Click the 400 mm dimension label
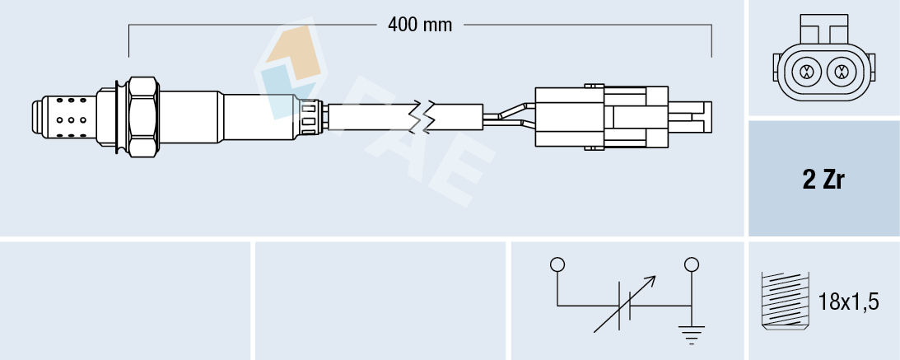[420, 25]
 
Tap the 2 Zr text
[823, 180]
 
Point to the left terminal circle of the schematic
[557, 264]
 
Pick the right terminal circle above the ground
[692, 264]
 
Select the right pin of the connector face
[841, 72]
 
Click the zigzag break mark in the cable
[426, 116]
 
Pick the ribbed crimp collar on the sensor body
[311, 116]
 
